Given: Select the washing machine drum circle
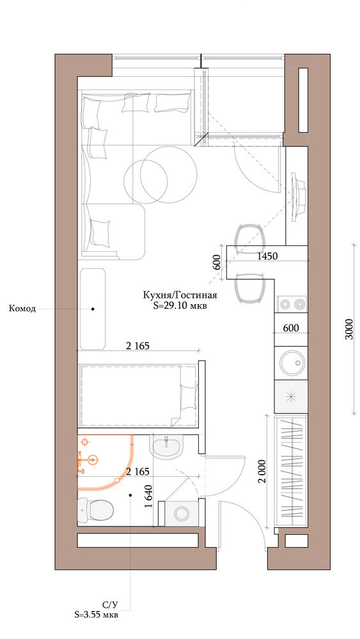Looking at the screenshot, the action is [x=181, y=513].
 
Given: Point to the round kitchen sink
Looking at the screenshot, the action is [x=291, y=362].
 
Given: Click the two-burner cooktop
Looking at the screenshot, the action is [x=292, y=304].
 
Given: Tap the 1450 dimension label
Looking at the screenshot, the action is [x=268, y=257].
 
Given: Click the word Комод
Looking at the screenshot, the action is [x=22, y=309].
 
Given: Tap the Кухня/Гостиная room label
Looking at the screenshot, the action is [x=180, y=295].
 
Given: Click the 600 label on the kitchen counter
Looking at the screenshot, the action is [x=291, y=328].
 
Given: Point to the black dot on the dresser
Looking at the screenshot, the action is [x=93, y=309].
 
